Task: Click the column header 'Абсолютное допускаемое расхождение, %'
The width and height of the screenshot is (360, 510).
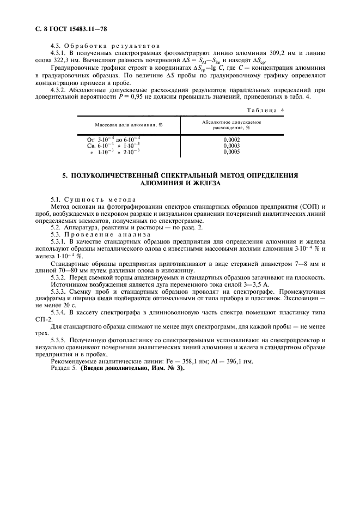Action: point(232,125)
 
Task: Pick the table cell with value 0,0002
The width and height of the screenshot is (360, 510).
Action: point(231,139)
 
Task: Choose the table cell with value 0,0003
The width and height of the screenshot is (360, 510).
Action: point(231,145)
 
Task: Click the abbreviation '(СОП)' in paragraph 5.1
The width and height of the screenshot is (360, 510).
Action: point(309,208)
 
